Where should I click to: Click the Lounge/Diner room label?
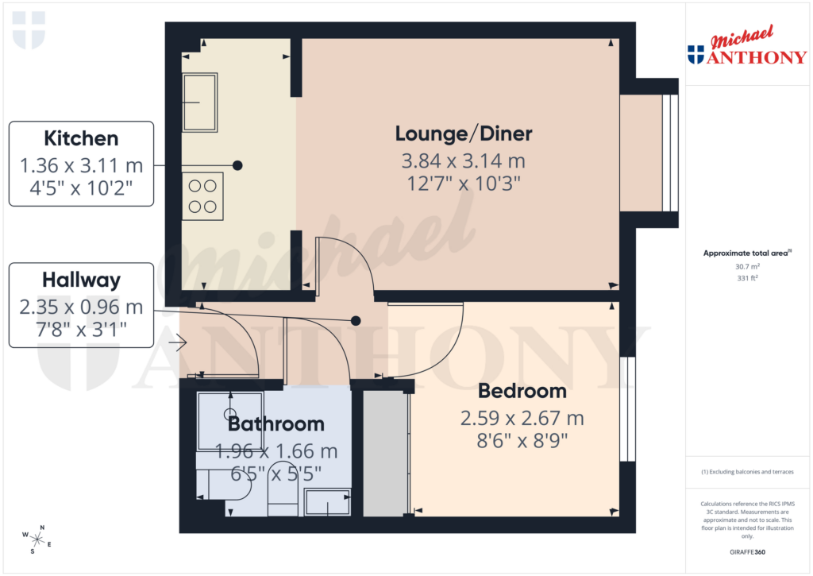(464, 133)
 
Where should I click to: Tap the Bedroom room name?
(522, 391)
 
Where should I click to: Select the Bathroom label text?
(275, 423)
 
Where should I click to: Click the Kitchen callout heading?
(81, 138)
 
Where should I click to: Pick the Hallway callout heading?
(81, 280)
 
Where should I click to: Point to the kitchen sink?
(200, 102)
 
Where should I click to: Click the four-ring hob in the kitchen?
(202, 195)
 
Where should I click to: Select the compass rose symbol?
(37, 539)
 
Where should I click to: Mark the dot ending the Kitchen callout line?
(237, 165)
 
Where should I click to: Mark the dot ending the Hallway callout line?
(356, 321)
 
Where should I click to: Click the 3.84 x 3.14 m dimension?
(464, 161)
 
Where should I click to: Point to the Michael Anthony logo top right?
(746, 46)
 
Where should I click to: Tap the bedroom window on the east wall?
(627, 409)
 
